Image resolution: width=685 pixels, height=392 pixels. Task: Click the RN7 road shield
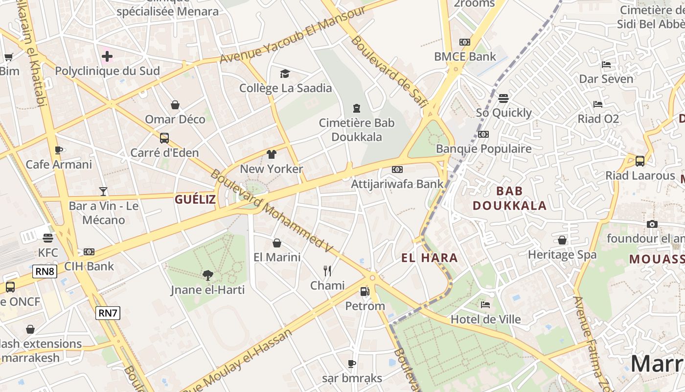point(108,313)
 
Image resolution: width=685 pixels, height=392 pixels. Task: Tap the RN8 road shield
point(45,271)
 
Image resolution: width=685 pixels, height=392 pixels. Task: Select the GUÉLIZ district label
point(195,199)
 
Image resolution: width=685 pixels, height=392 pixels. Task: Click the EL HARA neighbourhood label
point(430,258)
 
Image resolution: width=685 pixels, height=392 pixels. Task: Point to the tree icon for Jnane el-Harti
point(208,275)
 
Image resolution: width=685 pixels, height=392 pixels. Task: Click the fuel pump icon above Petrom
point(365,292)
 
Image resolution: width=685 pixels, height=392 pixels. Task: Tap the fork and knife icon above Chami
point(327,270)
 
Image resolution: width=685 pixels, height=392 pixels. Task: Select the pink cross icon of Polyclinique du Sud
point(107,56)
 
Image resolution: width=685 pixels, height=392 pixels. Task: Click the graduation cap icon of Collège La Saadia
point(285,73)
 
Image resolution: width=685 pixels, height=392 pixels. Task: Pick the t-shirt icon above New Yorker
point(272,154)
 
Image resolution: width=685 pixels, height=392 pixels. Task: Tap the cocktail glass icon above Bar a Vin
point(103,191)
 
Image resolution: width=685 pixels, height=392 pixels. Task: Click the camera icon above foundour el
point(652,224)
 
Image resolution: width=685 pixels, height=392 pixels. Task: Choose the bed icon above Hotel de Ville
point(485,305)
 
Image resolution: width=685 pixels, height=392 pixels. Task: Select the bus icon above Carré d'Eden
point(164,138)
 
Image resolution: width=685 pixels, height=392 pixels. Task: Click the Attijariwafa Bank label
point(397,184)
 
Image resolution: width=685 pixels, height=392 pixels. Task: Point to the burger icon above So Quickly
point(503,98)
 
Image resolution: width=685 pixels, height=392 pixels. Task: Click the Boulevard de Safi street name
point(389,71)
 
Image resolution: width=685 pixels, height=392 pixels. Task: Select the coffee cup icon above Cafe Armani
point(59,150)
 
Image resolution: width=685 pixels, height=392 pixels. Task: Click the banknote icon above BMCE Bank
point(465,42)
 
